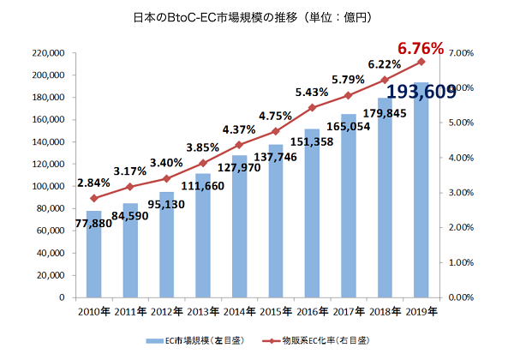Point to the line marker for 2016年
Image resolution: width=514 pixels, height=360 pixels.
coord(312,108)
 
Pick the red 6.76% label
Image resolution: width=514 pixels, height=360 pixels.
coord(421,49)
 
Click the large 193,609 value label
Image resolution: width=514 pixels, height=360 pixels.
coord(421,92)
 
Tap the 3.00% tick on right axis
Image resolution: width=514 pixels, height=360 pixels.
coord(461,193)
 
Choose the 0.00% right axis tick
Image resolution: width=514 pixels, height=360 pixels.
coord(461,297)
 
